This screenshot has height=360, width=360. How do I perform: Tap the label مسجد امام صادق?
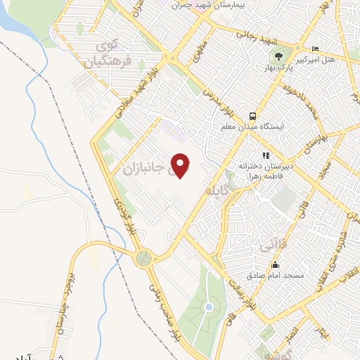point(276,275)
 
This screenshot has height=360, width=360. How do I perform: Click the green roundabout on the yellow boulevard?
point(143,259)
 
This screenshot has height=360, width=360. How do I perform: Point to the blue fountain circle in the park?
point(208,307)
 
